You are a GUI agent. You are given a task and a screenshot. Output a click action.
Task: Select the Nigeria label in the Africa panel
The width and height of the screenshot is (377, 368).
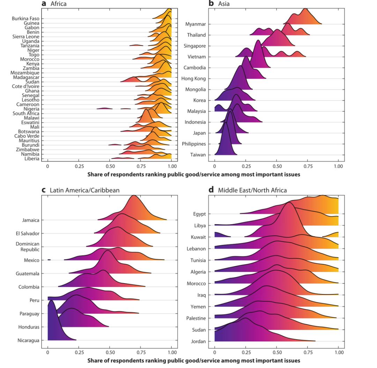[x=31, y=109]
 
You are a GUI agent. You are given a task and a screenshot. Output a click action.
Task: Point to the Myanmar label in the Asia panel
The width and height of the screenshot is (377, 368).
[x=195, y=24]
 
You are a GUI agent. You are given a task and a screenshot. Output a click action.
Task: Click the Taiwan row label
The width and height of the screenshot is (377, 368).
[x=198, y=155]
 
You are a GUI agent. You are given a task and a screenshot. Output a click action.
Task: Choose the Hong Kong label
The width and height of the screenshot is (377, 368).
[x=193, y=79]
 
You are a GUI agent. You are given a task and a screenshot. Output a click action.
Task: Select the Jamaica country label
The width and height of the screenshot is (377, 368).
[x=31, y=220]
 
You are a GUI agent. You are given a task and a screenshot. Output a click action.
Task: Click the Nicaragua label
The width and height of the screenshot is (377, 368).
[x=28, y=340]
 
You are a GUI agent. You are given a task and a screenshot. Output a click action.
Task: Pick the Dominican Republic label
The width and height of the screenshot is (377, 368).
[x=28, y=246]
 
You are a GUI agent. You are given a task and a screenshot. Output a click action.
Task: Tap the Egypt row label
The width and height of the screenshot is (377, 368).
[x=199, y=214]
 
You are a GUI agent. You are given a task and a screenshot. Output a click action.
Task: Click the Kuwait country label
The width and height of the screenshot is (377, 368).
[x=198, y=237]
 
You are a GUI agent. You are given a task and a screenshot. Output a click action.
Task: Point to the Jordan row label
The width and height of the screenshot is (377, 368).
[x=198, y=341]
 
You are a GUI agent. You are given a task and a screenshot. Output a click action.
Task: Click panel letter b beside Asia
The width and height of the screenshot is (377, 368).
[x=211, y=3]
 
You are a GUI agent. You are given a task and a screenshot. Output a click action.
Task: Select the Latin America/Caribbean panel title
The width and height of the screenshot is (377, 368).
[x=80, y=190]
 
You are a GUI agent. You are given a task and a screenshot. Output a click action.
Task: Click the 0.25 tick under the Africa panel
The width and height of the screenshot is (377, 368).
[x=79, y=167]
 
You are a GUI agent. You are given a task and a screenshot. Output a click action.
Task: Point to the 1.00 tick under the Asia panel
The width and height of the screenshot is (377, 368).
[x=338, y=167]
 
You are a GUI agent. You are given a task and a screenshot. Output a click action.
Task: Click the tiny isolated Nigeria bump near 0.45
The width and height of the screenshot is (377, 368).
[x=104, y=108]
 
